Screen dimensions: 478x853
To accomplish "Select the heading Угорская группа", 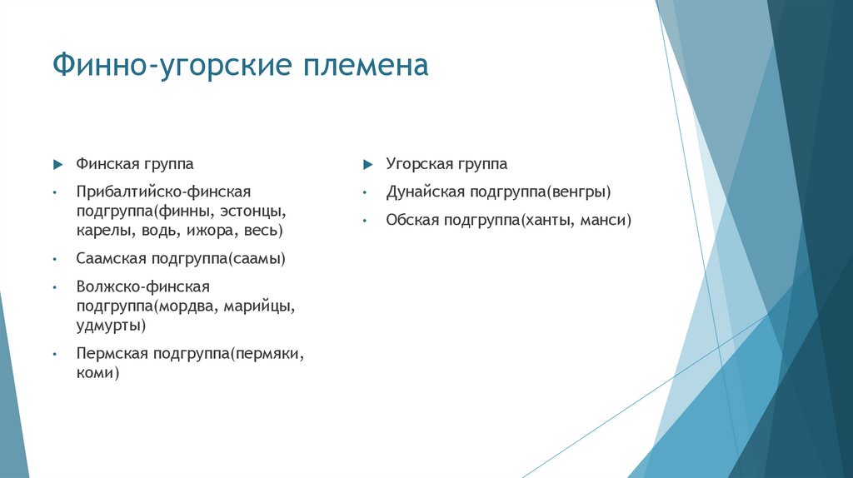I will tap(446, 164).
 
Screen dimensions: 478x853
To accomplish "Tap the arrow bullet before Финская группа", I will tap(56, 164).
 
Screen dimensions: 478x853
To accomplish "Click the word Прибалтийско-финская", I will tap(163, 192).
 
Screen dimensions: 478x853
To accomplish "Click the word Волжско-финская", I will tap(142, 286).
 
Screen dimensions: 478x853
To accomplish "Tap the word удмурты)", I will tap(111, 324).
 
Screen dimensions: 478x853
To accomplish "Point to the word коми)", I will tap(97, 373).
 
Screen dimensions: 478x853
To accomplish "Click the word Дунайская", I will tap(425, 192).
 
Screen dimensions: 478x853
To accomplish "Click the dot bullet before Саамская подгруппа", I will tap(53, 259).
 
